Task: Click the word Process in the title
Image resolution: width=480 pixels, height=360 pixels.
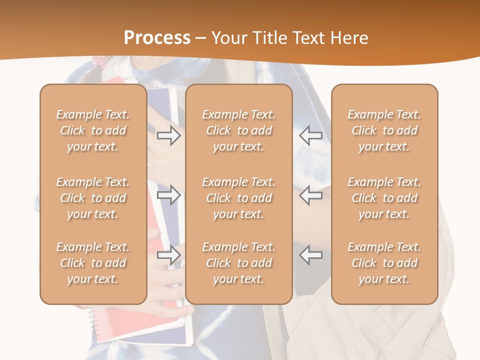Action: [157, 38]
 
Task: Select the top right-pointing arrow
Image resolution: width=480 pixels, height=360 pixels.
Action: [168, 135]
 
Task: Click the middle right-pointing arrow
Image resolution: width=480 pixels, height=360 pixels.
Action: [168, 195]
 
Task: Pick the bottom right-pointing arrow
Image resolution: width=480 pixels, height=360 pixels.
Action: [168, 255]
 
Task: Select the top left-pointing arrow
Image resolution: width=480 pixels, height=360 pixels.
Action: [310, 135]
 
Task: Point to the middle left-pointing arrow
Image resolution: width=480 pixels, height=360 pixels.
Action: [310, 195]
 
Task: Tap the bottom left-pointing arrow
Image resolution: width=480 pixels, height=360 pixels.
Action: [310, 255]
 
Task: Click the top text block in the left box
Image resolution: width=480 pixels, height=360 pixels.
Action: [93, 130]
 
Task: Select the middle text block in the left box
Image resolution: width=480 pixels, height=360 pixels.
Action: [93, 198]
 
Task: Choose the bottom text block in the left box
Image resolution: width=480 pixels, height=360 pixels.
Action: [93, 263]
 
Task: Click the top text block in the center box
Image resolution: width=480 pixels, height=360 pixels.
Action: [238, 130]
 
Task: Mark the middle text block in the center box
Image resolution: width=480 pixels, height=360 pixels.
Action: [238, 198]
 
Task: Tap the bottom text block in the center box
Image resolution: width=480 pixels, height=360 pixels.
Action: [238, 263]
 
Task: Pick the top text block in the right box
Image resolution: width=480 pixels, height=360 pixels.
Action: [384, 130]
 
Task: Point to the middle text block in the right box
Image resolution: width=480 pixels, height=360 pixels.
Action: [384, 198]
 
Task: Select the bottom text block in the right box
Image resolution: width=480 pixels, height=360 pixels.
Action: [384, 263]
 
